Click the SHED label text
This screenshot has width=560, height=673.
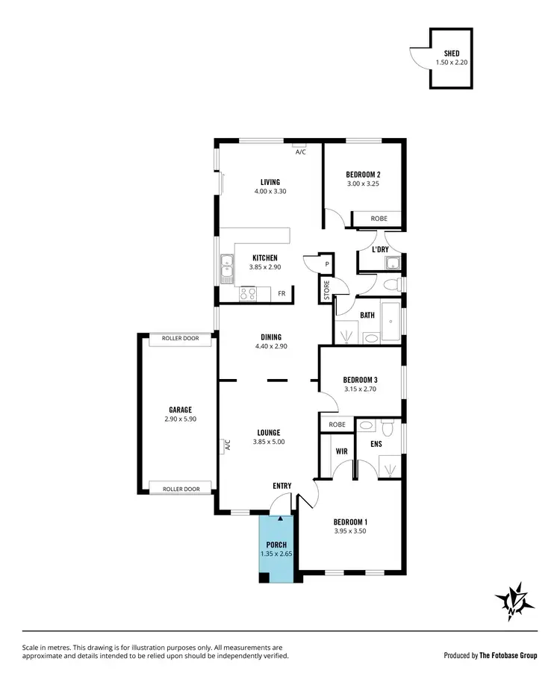pos(452,53)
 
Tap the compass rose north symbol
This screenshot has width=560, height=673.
pos(514,600)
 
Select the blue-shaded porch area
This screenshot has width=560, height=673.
pos(277,548)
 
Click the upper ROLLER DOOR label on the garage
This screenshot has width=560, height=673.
pos(181,339)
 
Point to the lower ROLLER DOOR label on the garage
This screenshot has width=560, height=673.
pos(181,489)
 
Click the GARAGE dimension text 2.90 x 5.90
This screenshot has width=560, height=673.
pos(180,419)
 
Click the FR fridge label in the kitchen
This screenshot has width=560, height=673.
pos(281,294)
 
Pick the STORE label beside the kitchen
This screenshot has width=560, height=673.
pos(326,290)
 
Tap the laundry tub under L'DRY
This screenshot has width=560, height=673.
pos(392,263)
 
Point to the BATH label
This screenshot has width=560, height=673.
pos(367,316)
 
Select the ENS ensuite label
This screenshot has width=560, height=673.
pos(376,444)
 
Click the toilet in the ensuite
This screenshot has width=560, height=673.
pos(387,428)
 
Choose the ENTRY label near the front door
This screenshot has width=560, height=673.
pos(281,486)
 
